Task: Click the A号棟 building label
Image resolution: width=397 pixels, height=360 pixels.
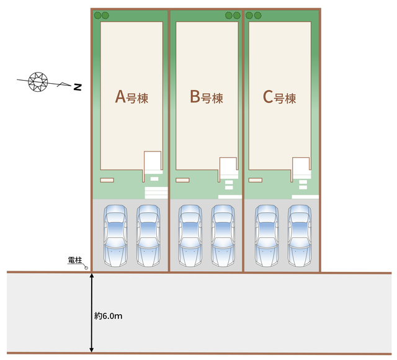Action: click(132, 97)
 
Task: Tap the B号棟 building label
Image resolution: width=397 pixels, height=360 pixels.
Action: click(207, 97)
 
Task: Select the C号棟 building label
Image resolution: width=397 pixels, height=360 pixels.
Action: click(279, 97)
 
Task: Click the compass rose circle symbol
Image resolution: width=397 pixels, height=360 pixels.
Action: click(38, 81)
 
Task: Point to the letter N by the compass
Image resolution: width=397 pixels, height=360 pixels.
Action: click(78, 87)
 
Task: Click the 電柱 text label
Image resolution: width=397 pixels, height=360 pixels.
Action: click(75, 260)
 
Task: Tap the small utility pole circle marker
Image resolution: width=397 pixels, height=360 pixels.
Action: click(86, 268)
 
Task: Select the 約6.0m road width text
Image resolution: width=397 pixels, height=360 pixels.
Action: click(109, 316)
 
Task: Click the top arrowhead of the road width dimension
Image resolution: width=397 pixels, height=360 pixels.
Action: click(92, 275)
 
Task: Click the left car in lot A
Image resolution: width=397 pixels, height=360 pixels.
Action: click(115, 236)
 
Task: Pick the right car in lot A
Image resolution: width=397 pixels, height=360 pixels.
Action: click(148, 236)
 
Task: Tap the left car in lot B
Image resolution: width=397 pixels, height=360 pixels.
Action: click(190, 236)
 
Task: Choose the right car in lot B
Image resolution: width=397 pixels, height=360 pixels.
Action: click(223, 236)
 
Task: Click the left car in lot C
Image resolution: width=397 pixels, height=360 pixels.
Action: click(267, 236)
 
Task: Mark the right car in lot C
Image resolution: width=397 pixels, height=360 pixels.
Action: click(300, 236)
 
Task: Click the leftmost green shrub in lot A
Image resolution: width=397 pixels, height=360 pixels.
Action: click(98, 16)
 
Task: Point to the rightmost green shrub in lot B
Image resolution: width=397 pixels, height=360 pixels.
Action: click(237, 16)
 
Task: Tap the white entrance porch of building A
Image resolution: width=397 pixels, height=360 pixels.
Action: click(153, 160)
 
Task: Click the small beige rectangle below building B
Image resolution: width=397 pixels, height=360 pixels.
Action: click(182, 180)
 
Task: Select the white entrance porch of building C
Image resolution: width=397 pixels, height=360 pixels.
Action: click(301, 165)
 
